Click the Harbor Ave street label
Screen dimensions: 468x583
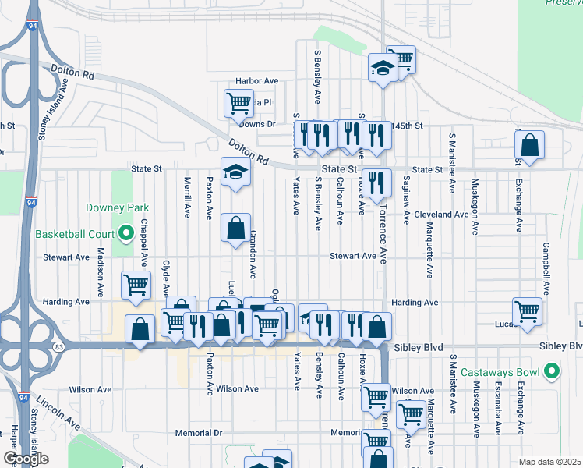pyautogui.click(x=257, y=81)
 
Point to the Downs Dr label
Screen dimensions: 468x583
pyautogui.click(x=257, y=124)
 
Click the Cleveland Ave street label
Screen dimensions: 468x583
pyautogui.click(x=441, y=214)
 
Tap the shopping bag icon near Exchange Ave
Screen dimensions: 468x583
pyautogui.click(x=529, y=145)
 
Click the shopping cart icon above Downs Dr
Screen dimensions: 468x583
pyautogui.click(x=238, y=102)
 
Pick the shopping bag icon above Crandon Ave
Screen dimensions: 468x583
pyautogui.click(x=236, y=228)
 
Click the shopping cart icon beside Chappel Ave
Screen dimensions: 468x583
pyautogui.click(x=137, y=285)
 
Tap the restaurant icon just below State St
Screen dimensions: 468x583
pyautogui.click(x=377, y=183)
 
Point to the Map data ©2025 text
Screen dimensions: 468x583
pyautogui.click(x=549, y=462)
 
